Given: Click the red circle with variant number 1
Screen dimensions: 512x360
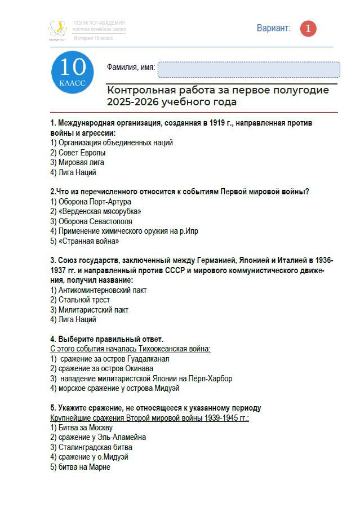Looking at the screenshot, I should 308,29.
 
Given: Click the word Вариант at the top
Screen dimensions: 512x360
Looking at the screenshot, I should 273,28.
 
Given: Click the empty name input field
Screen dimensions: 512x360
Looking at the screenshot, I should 248,70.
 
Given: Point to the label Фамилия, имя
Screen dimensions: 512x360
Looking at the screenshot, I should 131,68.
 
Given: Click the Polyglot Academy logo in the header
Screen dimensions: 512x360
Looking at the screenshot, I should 57,30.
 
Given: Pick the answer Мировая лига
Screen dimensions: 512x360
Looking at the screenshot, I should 77,162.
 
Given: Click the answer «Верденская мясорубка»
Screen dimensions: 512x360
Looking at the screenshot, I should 96,211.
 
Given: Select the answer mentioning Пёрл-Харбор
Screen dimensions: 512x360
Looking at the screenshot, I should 141,379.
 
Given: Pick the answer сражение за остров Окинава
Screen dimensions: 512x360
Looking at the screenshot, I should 102,368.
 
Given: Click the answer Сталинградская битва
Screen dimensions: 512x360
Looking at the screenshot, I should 90,447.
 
